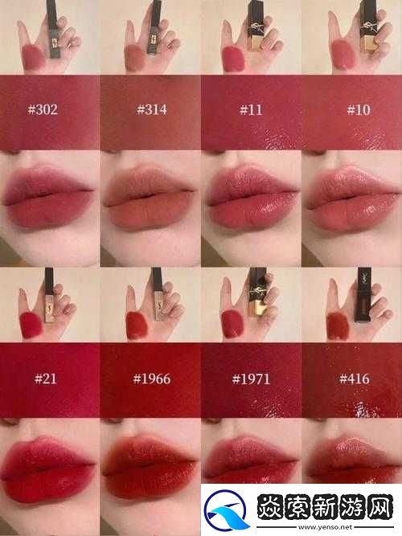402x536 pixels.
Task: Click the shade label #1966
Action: coord(150,378)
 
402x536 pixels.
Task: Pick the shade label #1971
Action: coord(251,378)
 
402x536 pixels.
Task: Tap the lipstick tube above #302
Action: coord(53,22)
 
